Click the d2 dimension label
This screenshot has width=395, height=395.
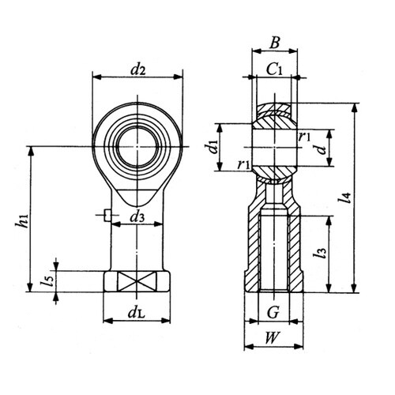138,70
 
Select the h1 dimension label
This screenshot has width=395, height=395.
21,220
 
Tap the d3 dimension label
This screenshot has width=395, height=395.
137,217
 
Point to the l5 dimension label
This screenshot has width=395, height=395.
47,280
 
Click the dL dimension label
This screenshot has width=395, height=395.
137,313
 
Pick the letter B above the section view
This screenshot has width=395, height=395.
274,43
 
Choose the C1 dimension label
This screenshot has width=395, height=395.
274,70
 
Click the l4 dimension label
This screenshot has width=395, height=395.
345,197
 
